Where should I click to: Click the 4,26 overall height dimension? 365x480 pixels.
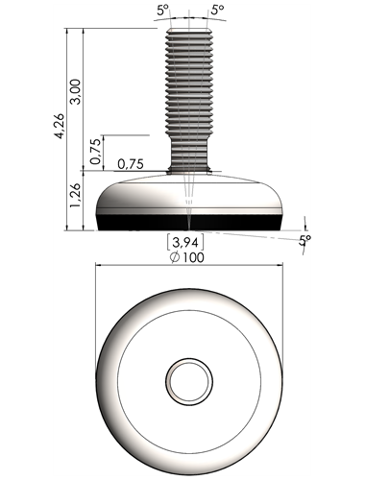pos(60,126)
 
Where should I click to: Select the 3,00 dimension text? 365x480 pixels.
pos(76,91)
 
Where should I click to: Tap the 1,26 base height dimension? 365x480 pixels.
pos(76,196)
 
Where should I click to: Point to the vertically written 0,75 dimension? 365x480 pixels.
pos(95,152)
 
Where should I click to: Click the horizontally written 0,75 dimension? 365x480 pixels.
pos(131,164)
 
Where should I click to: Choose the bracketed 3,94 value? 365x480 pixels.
pos(185,243)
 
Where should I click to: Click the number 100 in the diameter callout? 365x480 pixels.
pos(193,257)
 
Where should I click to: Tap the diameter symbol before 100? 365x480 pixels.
pos(175,257)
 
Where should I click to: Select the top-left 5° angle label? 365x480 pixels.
pos(162,10)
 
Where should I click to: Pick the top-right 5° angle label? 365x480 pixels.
pos(218,10)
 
